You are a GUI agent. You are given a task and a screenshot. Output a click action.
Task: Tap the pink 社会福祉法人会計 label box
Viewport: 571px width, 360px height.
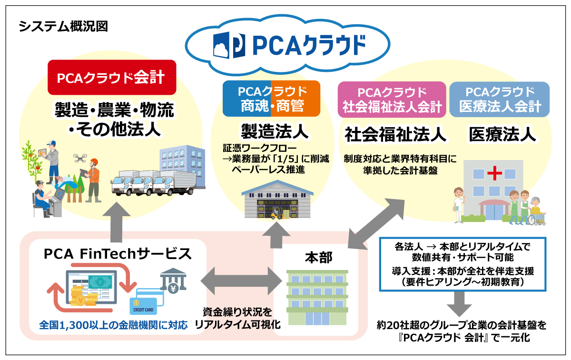point(392,99)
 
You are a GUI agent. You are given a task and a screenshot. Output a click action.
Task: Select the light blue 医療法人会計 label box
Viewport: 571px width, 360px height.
point(500,99)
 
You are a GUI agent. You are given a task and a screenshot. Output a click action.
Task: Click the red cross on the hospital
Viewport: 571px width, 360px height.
point(495,173)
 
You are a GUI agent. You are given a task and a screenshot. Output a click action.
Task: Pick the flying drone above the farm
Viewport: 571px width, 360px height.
point(81,157)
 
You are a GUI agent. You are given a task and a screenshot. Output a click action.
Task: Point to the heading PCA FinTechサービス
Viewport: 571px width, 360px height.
point(118,253)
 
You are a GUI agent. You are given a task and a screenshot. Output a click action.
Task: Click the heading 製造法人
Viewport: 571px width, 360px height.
point(272,130)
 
